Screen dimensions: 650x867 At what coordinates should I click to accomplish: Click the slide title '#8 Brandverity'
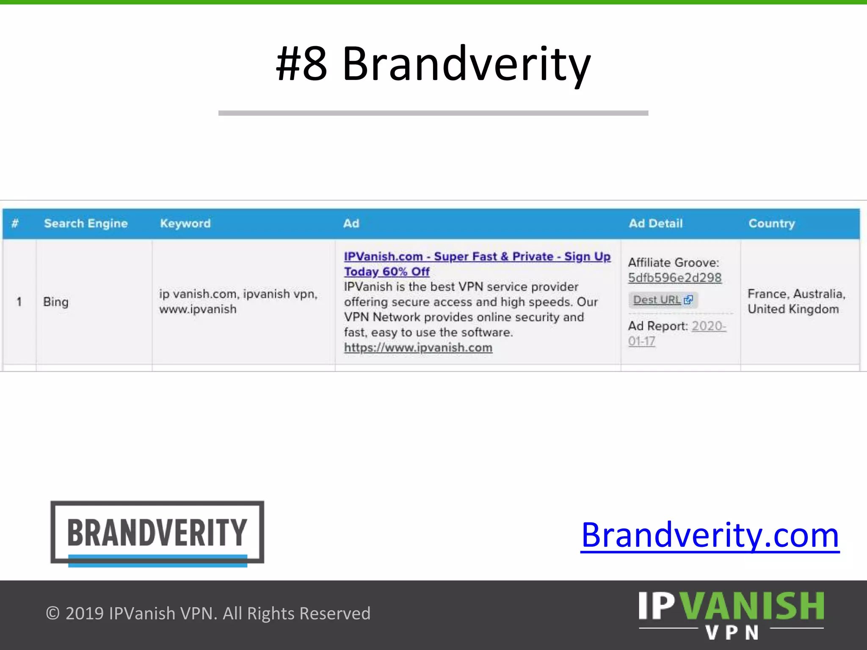(433, 64)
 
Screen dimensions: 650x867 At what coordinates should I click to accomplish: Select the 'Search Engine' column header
(86, 223)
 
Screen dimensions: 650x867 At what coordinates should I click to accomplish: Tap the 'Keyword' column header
(185, 223)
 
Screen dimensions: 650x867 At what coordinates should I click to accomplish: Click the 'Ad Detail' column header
(655, 223)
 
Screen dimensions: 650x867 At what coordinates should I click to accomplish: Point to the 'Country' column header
(771, 223)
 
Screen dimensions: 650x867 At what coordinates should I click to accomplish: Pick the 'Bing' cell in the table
(55, 302)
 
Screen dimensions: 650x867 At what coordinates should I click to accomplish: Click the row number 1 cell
(19, 302)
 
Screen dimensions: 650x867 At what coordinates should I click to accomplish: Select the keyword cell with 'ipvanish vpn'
(238, 301)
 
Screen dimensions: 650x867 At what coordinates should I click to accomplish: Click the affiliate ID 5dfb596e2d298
(674, 278)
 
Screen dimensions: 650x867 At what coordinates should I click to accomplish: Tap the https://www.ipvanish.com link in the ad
(418, 348)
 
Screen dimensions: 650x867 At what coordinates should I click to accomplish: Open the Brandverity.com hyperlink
(710, 536)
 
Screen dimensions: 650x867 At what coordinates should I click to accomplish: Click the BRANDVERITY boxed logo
(157, 533)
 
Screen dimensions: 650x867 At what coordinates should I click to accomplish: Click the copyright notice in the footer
(208, 614)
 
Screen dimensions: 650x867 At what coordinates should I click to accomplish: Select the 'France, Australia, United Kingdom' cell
(796, 301)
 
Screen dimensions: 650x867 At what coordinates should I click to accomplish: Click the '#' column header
(15, 223)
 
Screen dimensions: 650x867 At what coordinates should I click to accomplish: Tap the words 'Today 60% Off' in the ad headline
(387, 272)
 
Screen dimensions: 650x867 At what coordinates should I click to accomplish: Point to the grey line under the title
(433, 113)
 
